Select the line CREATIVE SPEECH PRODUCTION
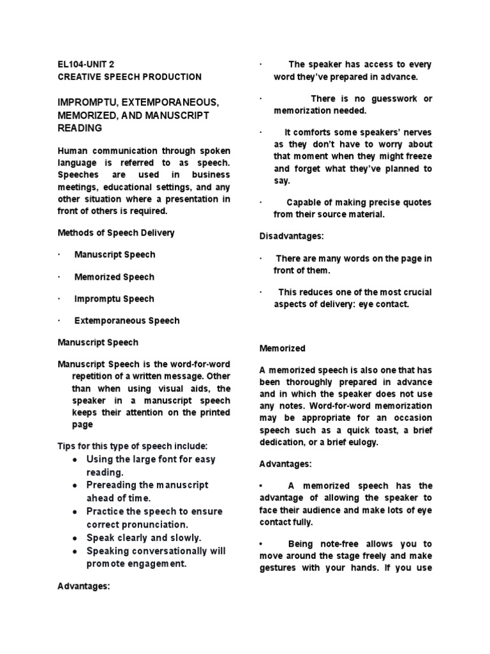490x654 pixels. point(130,77)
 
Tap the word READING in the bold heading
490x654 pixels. point(80,128)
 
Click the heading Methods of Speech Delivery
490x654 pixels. point(115,232)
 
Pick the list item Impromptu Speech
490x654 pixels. point(114,299)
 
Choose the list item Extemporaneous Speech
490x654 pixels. point(127,321)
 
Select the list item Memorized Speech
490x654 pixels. point(114,277)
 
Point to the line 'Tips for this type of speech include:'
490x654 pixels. point(132,446)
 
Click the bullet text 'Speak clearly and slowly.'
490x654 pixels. point(144,537)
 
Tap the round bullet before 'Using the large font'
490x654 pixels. point(75,460)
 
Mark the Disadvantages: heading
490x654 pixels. point(292,236)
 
